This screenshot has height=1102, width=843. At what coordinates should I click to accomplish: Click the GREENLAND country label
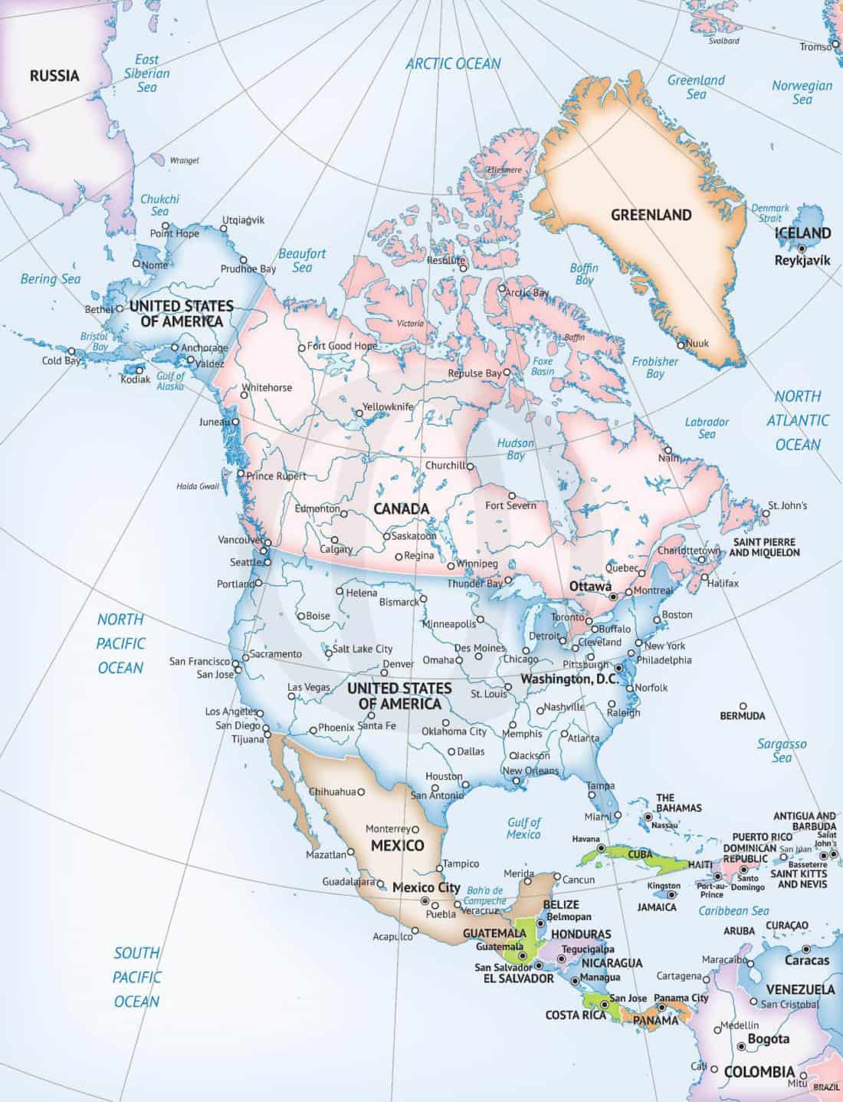(651, 215)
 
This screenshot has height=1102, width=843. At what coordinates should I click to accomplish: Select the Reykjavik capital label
(802, 261)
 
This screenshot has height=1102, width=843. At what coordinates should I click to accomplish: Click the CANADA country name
(401, 508)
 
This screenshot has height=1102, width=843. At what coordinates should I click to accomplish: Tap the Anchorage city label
(205, 348)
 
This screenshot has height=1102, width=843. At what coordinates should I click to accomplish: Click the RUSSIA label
(54, 75)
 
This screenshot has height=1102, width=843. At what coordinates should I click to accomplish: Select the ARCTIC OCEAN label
(453, 64)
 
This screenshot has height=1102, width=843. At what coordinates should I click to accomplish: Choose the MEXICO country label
(397, 846)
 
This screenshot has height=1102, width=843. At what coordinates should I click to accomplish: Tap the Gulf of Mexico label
(523, 828)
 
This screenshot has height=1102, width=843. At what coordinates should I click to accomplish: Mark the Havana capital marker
(602, 848)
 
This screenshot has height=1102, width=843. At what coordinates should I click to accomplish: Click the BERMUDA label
(742, 715)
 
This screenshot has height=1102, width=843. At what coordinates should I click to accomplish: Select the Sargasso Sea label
(782, 751)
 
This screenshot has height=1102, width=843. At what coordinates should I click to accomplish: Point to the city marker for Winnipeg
(450, 567)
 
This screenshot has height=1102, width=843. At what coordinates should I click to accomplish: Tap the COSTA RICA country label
(576, 1015)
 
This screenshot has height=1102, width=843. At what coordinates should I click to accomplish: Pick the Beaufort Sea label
(302, 260)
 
